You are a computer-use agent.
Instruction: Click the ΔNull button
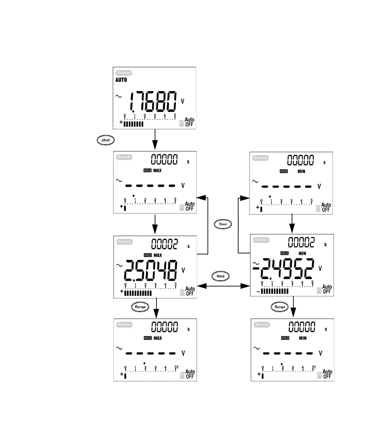(106, 140)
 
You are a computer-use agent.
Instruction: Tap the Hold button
(220, 276)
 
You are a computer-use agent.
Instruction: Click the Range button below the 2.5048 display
(140, 307)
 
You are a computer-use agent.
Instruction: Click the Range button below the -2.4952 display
(280, 307)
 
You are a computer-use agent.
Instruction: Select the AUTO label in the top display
(121, 80)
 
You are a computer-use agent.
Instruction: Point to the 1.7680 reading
(153, 102)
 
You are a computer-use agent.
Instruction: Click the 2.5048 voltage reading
(151, 270)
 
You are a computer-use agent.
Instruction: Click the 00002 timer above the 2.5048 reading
(164, 244)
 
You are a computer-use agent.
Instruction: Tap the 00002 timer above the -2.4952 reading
(301, 242)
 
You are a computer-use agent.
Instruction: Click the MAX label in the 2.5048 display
(158, 255)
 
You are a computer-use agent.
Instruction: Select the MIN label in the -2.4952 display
(302, 253)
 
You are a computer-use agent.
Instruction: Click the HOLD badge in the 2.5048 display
(148, 255)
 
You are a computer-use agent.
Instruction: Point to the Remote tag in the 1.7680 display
(124, 73)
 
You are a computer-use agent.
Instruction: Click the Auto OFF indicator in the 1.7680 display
(189, 122)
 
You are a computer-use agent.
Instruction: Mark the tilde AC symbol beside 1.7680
(119, 97)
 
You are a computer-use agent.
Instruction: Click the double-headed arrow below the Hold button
(224, 286)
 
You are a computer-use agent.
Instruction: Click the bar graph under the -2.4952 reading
(275, 291)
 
